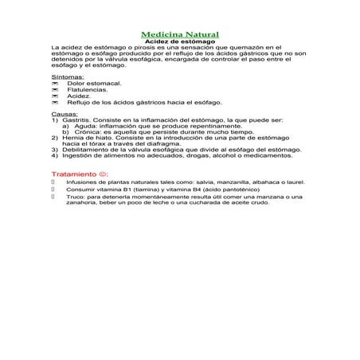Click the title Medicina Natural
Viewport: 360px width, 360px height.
tap(179, 34)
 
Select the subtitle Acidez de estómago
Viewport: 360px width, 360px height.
tap(179, 41)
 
